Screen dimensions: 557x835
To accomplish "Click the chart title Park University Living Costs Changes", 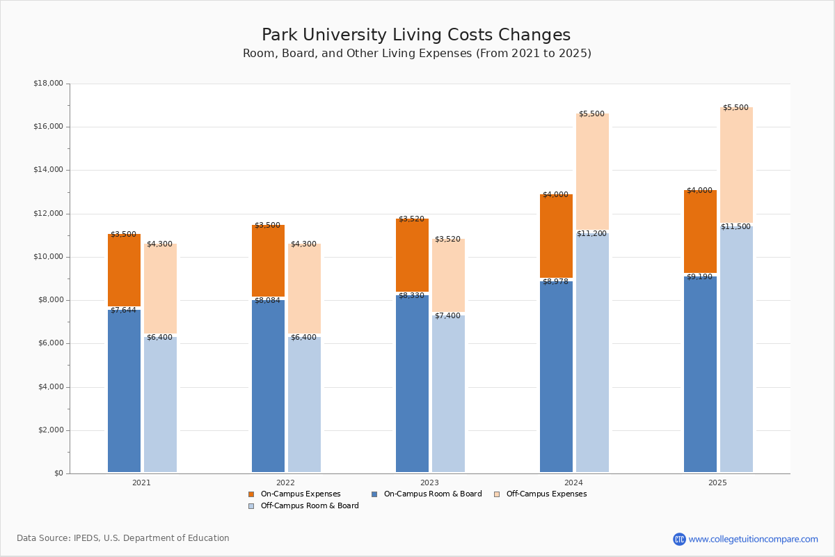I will coord(416,36).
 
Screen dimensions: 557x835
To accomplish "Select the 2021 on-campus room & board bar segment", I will coord(124,390).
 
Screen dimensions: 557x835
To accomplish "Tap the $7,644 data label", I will coord(123,311).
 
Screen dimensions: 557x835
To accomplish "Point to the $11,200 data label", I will coord(591,234).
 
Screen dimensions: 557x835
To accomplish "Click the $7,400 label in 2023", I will coord(447,316).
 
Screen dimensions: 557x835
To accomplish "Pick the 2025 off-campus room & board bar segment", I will coord(736,348).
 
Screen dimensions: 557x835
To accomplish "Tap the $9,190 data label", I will coord(699,277).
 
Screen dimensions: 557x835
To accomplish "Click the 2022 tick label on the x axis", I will coord(285,483).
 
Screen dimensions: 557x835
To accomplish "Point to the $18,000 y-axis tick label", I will coord(48,84).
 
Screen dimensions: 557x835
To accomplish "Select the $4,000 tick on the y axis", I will coord(48,387).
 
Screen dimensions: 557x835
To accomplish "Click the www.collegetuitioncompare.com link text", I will coord(753,539).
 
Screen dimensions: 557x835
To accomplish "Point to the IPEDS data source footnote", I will coord(123,538).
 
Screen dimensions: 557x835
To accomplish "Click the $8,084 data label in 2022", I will coord(267,301).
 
